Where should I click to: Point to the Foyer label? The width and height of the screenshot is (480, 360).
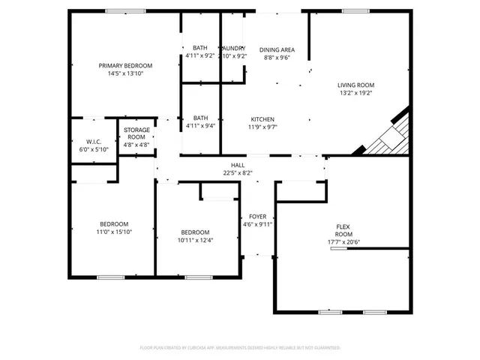tap(257, 216)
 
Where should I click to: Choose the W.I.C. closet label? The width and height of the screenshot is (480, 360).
tap(94, 142)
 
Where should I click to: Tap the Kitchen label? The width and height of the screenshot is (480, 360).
tap(262, 119)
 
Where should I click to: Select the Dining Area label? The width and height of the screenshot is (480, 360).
tap(277, 49)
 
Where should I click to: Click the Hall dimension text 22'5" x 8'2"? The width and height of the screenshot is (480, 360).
tap(237, 172)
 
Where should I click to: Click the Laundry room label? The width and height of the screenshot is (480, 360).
tap(234, 48)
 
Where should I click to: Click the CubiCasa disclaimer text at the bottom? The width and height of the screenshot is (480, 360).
tap(240, 349)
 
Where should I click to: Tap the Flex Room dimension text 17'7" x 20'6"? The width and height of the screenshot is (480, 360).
tap(345, 241)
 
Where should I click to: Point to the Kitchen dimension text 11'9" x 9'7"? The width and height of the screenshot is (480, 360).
tap(262, 127)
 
